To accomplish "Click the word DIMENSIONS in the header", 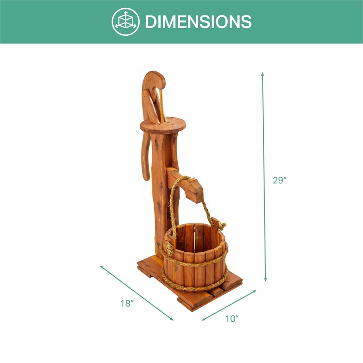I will [x=198, y=21].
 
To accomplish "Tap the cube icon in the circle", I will [x=126, y=21].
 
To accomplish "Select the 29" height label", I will [x=280, y=180].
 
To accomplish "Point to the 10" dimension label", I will [x=232, y=319].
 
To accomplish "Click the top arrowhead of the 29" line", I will [x=263, y=74].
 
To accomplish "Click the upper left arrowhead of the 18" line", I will [x=102, y=267].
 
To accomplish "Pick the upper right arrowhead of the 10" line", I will [x=255, y=291].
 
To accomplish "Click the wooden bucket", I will [x=195, y=256].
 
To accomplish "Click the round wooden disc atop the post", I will [x=160, y=124].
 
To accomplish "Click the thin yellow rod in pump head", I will [x=160, y=104].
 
